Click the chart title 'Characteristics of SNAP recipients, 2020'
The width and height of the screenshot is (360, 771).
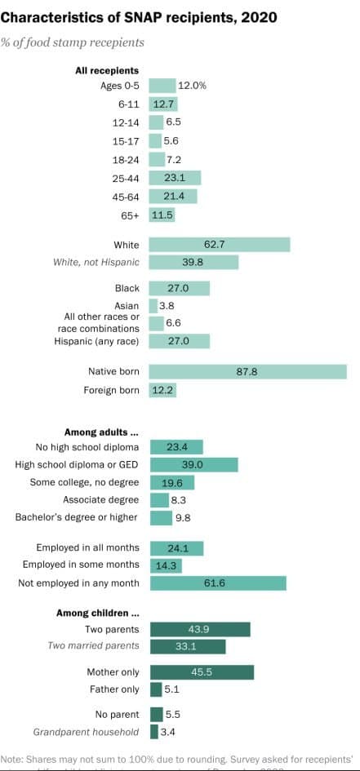click(139, 16)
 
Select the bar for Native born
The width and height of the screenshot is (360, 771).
click(247, 371)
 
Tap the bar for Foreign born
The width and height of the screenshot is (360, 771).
click(162, 390)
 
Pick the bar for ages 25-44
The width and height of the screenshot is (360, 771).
click(175, 178)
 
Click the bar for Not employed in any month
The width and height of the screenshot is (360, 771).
click(217, 583)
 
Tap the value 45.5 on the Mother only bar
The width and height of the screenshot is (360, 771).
click(202, 672)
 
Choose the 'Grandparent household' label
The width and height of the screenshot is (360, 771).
click(86, 732)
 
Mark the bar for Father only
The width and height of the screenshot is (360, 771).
click(155, 689)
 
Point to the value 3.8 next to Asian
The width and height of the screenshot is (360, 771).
click(167, 305)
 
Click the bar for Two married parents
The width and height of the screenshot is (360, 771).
click(187, 646)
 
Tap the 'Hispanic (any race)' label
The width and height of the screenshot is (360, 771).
click(96, 340)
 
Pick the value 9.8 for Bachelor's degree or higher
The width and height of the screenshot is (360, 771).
click(183, 517)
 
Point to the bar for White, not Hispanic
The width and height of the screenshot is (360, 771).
click(193, 262)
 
